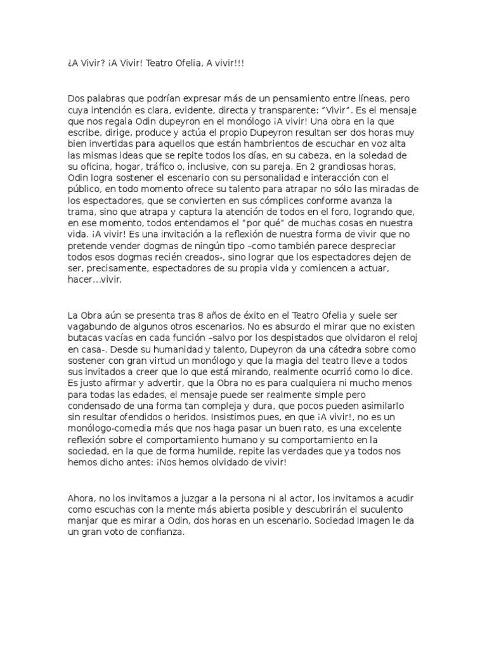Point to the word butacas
click(85, 338)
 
